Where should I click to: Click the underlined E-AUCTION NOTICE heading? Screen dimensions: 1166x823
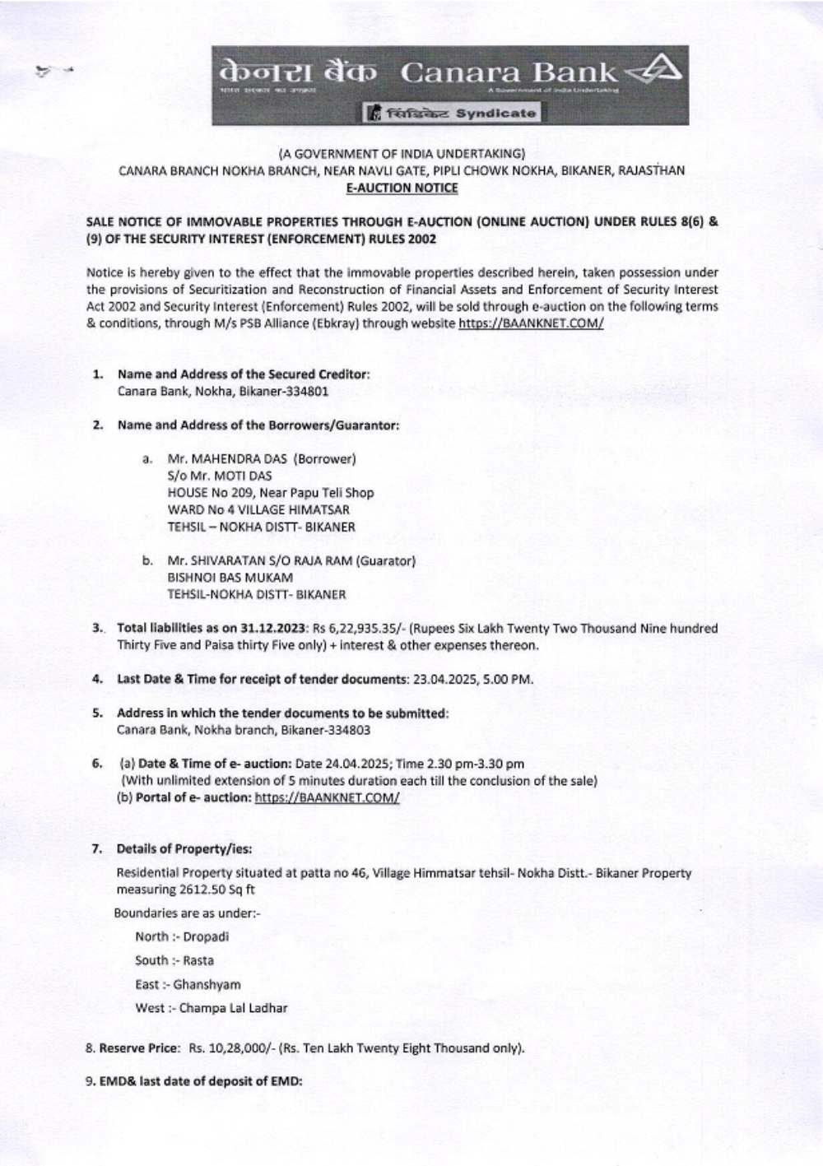click(401, 188)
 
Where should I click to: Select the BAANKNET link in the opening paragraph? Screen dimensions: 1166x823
click(531, 323)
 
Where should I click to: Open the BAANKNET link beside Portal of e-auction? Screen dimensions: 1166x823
click(327, 797)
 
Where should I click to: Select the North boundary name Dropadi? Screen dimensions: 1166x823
click(207, 936)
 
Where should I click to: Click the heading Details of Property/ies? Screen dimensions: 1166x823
click(184, 848)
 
